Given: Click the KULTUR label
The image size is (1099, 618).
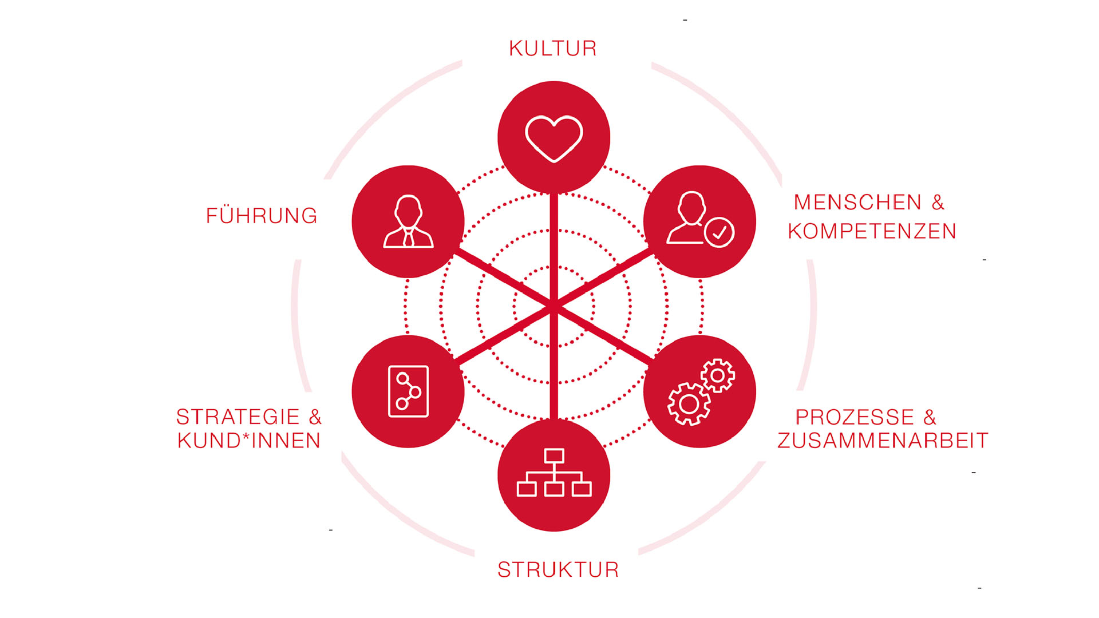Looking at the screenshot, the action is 553,49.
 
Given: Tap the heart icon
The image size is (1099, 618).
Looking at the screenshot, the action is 554,139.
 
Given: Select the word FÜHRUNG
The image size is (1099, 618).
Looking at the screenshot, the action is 262,215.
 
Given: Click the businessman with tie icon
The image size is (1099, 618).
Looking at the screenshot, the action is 408,221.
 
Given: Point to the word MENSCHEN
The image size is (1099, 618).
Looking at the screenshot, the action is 857,202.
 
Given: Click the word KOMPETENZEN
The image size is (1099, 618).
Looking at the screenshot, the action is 872,231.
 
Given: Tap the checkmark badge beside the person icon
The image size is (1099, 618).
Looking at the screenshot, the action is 719,232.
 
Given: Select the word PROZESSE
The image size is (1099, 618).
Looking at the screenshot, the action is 855,417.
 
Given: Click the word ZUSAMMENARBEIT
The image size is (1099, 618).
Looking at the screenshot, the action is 883,441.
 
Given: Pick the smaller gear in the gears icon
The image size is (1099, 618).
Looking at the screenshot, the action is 718,376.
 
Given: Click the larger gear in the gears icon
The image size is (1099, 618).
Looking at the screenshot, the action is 689,404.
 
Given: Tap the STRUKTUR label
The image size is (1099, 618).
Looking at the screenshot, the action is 558,570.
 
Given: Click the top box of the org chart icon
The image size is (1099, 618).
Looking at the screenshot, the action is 554,456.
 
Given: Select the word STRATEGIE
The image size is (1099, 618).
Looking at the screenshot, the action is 238,417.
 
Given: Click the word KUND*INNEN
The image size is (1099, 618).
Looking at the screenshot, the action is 249,441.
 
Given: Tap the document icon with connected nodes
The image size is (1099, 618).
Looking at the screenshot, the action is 408,391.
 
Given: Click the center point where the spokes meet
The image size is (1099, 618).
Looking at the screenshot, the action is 554,307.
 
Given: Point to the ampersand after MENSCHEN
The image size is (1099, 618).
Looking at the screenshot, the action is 938,202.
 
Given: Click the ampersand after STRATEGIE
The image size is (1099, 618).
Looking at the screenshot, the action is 315,417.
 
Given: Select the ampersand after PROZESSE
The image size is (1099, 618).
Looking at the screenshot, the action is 930,417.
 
